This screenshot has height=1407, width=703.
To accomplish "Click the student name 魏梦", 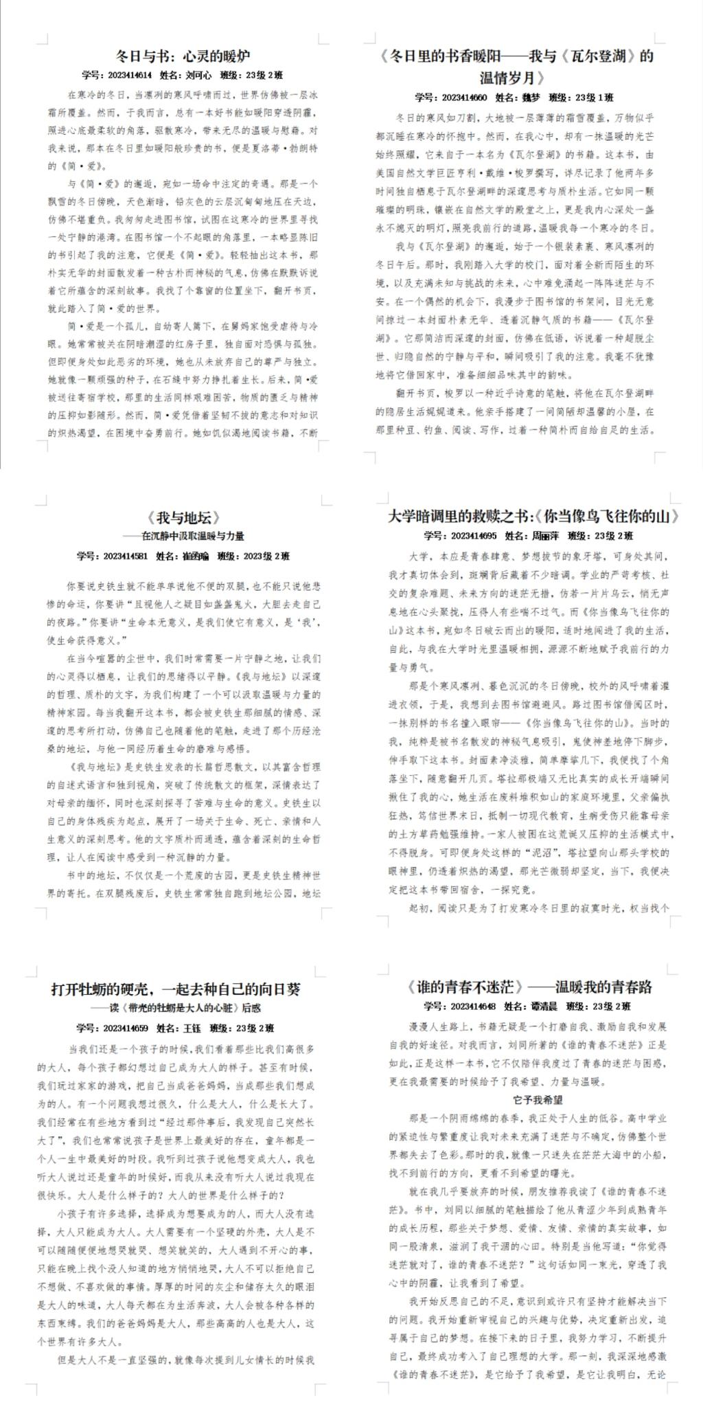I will [523, 98].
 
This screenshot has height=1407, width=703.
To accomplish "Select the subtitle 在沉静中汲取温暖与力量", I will [192, 536].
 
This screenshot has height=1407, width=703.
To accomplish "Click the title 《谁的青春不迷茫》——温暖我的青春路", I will [529, 987].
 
